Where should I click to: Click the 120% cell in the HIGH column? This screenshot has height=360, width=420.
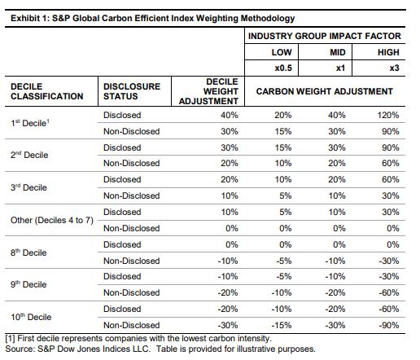click(x=388, y=115)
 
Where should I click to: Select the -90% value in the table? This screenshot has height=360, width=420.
click(x=389, y=325)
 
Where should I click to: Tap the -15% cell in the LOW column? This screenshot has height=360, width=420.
click(x=282, y=325)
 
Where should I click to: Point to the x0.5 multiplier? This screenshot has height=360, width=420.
click(x=283, y=68)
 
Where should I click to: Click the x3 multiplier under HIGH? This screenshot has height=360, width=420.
click(x=395, y=68)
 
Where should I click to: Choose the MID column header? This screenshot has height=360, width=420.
click(x=338, y=52)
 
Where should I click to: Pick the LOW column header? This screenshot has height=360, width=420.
click(x=282, y=52)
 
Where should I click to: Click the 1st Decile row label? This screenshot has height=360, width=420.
click(x=30, y=123)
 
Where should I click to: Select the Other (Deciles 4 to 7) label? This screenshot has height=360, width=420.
click(x=52, y=220)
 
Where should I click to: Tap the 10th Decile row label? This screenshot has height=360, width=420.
click(x=31, y=317)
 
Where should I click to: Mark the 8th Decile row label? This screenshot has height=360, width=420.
click(x=28, y=252)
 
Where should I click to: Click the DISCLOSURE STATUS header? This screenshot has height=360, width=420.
click(x=132, y=91)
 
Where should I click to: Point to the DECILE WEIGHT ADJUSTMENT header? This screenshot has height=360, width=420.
click(x=208, y=91)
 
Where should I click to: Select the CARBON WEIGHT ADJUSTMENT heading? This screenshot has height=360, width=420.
click(x=325, y=91)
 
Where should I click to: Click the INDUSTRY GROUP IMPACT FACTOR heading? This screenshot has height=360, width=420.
click(x=325, y=36)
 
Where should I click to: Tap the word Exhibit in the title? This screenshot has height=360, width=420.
click(x=25, y=18)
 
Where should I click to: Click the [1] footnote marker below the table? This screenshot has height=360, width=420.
click(x=10, y=339)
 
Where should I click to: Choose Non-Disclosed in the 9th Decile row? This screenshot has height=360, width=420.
click(x=132, y=292)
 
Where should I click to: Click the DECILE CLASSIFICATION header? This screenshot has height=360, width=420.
click(x=47, y=91)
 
